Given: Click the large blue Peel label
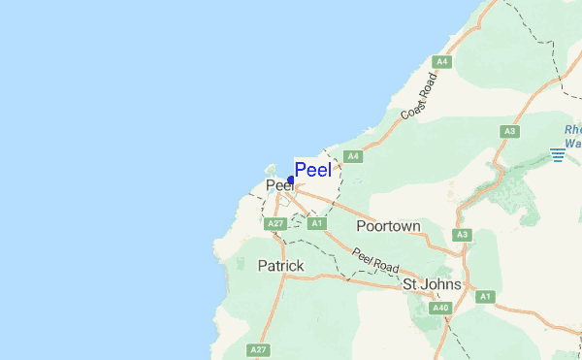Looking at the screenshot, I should pos(312,170).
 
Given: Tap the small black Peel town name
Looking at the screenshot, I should pos(278,185).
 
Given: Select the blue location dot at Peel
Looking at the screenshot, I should pos(291,180).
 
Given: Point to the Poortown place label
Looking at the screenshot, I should pos(388,226).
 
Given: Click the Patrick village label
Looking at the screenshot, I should pos(281,265).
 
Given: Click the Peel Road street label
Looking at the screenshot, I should pos(375,260).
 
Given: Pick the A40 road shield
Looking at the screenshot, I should pos(441,309).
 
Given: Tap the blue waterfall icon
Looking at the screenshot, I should pos(558,153).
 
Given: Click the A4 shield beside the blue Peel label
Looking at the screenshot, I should pos(353,156).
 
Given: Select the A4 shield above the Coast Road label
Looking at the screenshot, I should pos(442,62).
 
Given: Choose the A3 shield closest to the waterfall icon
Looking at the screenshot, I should pos(509,131).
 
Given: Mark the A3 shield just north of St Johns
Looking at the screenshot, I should pos(463,235).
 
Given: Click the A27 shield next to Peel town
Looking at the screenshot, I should pos(275,224).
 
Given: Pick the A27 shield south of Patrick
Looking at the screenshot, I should pos(258,349).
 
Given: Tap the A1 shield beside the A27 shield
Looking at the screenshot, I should pos(315,224).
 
